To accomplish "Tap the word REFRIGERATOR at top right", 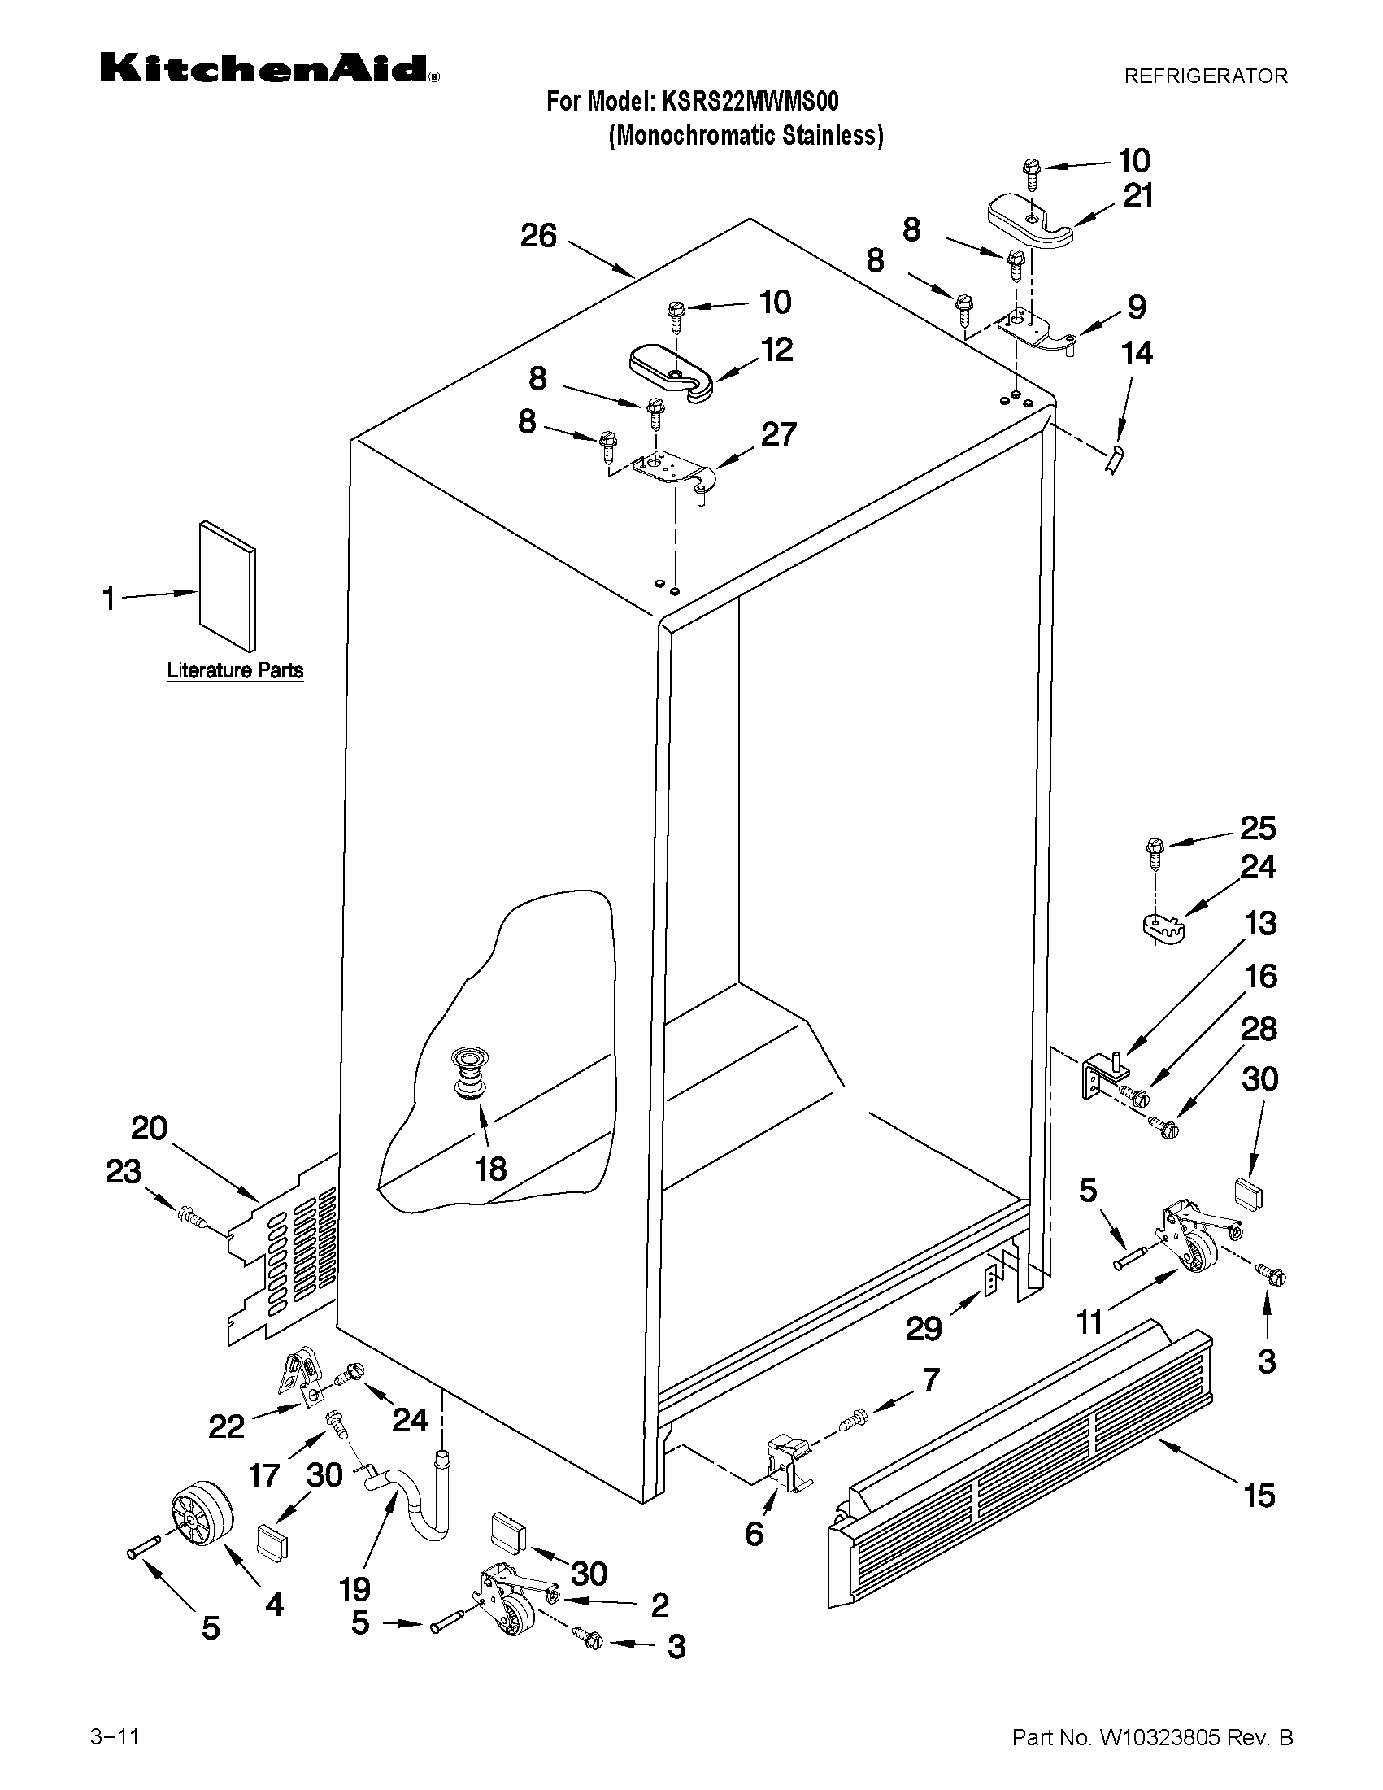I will tap(1205, 76).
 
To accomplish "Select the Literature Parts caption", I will tap(235, 669).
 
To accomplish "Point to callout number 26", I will tap(538, 236).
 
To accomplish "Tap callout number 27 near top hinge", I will tap(777, 434).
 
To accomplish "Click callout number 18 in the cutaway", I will tap(491, 1169).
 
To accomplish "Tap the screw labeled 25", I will tap(1155, 854).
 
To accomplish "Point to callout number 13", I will tap(1261, 924).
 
